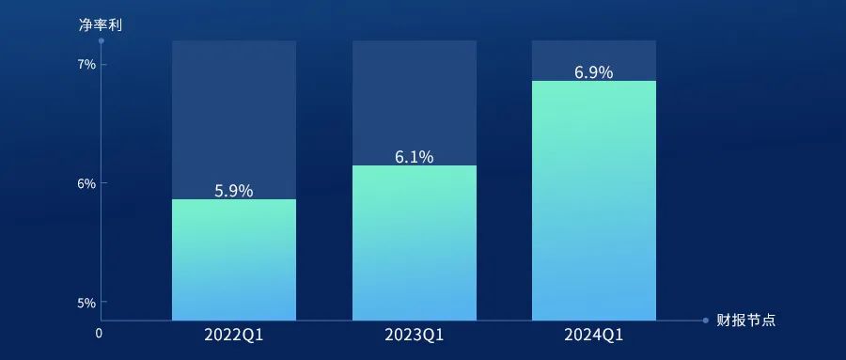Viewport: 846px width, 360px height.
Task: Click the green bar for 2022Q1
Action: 234,259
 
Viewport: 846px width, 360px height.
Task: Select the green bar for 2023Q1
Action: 415,243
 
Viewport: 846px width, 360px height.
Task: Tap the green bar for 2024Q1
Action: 594,201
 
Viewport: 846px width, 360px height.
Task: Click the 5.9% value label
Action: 234,191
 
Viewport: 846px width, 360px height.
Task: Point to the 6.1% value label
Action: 414,157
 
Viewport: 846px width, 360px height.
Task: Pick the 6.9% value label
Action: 593,72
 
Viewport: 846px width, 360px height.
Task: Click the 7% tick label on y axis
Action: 86,65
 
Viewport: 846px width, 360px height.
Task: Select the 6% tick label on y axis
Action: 86,183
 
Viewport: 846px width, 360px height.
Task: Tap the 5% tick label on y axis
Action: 86,303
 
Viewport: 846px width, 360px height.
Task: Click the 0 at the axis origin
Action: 99,334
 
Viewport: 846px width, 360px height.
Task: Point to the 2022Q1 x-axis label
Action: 234,336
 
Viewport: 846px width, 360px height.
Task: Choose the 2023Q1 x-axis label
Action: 414,336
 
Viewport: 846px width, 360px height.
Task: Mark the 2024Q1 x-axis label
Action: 593,336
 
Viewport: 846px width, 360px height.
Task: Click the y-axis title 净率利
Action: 101,24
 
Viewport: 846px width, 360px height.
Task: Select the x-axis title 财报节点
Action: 746,321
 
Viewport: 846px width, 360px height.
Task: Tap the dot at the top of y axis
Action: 101,40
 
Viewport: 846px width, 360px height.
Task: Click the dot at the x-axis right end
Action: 705,321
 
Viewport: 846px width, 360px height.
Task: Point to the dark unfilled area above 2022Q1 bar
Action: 234,119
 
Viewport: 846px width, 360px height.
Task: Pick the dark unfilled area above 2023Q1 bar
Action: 415,102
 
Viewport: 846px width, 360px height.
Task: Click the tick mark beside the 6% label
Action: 103,183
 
